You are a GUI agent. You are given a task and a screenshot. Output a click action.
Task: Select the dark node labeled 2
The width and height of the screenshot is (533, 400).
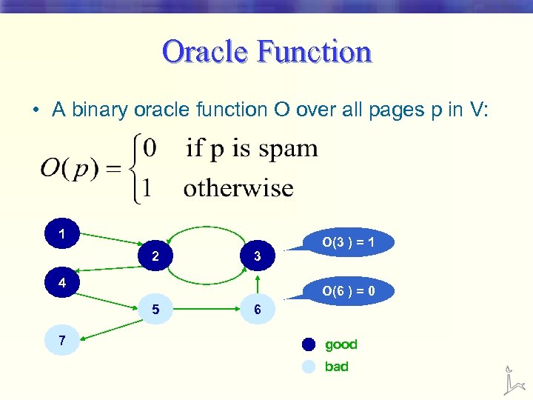[x=155, y=257]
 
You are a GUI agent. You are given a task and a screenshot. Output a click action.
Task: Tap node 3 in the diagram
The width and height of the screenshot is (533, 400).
[x=257, y=257]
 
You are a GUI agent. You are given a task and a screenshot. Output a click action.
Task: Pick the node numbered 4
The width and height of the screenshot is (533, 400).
[x=62, y=282]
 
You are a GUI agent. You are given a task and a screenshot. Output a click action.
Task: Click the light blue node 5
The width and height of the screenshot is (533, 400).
[x=155, y=310]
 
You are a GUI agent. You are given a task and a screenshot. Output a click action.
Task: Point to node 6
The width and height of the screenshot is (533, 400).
[x=257, y=310]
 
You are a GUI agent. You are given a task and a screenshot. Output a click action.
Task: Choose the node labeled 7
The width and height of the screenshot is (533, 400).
[x=62, y=341]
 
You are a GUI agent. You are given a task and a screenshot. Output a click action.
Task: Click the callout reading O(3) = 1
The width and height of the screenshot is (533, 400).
[x=347, y=242]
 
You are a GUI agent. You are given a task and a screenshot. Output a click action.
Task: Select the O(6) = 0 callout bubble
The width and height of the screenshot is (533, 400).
[x=347, y=291]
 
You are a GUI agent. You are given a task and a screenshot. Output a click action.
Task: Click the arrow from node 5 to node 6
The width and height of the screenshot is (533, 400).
[x=206, y=309]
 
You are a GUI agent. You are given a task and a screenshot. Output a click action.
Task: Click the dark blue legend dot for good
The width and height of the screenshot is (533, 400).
[x=309, y=344]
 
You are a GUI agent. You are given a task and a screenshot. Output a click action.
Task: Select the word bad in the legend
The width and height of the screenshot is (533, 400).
[x=336, y=367]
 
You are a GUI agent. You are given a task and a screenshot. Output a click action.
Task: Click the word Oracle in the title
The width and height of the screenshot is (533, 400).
[x=204, y=53]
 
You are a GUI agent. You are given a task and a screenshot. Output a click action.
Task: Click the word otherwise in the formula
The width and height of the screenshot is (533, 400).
[x=238, y=187]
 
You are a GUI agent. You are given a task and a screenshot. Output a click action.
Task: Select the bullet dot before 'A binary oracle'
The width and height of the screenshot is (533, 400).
[x=36, y=111]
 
